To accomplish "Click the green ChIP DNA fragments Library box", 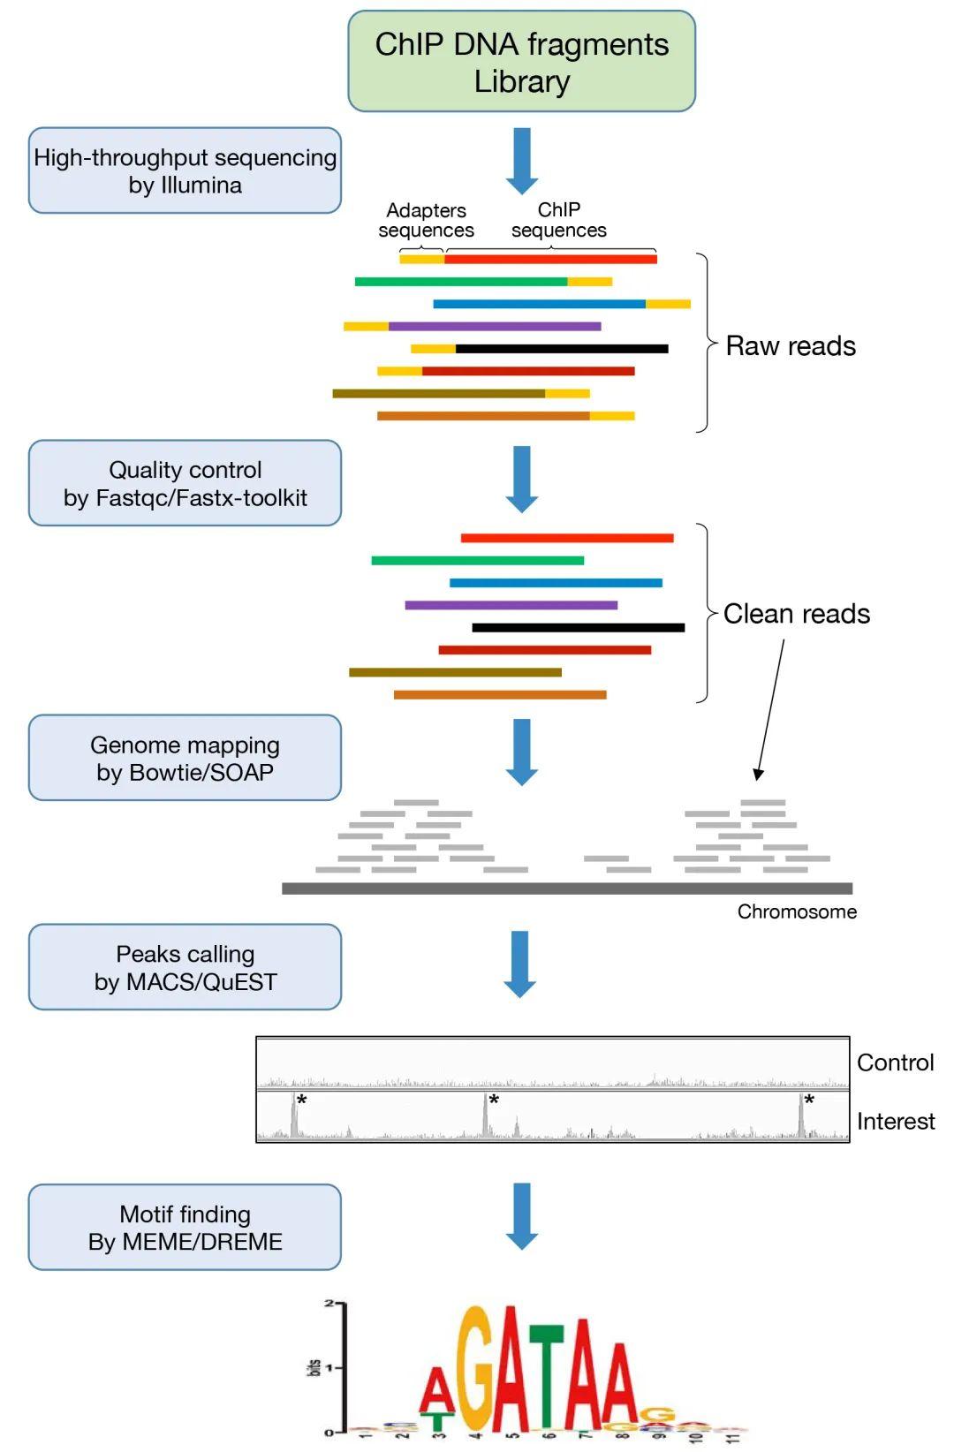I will [x=521, y=62].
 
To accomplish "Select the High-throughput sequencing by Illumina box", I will [x=185, y=170].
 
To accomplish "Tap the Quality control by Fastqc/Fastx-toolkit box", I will [x=185, y=483].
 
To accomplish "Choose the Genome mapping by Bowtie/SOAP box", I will [x=185, y=758].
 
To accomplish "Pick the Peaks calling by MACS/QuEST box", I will [x=185, y=967].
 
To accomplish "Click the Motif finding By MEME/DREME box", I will [x=185, y=1228].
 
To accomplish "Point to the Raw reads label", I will [x=790, y=346].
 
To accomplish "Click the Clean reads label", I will [x=796, y=614].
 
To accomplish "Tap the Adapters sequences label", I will [x=426, y=220].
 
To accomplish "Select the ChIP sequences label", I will [x=558, y=220].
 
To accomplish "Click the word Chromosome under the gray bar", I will [x=797, y=911].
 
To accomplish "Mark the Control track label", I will [x=895, y=1063].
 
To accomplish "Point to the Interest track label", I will [x=895, y=1121].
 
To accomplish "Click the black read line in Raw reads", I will [x=561, y=349].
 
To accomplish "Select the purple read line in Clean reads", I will [x=511, y=605].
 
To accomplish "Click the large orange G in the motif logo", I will [x=478, y=1369].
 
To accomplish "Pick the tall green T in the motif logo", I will [x=547, y=1378].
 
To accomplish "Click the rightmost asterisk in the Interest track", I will [x=809, y=1100].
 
